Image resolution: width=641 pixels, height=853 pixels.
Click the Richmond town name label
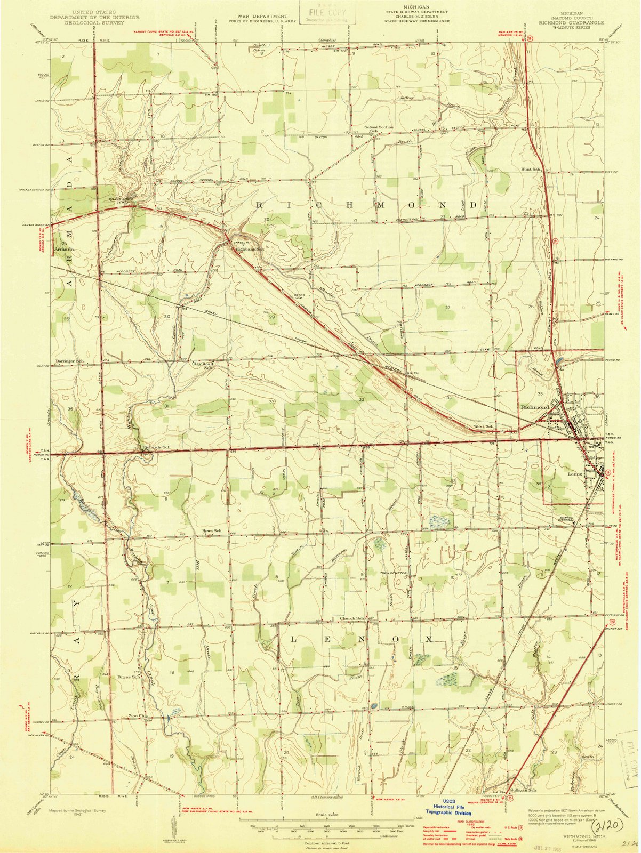(x=534, y=407)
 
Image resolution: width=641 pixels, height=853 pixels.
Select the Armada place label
(x=63, y=249)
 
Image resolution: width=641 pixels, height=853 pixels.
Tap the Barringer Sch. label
(x=70, y=361)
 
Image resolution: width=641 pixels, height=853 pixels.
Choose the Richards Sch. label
(x=156, y=447)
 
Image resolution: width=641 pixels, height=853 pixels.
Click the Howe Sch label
(x=211, y=532)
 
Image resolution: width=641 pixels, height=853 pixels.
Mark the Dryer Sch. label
(x=129, y=677)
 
